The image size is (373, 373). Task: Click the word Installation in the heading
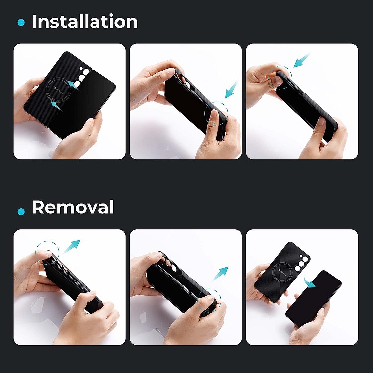click(x=85, y=22)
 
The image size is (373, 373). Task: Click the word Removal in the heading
click(x=73, y=207)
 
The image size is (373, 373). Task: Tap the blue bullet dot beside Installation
click(x=21, y=22)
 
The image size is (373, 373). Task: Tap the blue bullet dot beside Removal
click(x=21, y=211)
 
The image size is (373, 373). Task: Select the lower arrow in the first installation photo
click(x=57, y=106)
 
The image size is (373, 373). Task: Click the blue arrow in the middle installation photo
click(x=231, y=90)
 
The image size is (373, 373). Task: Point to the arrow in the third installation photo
click(x=302, y=60)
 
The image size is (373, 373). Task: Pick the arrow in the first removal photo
click(x=72, y=246)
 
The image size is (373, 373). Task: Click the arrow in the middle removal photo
click(x=220, y=274)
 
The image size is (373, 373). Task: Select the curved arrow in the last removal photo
click(x=309, y=282)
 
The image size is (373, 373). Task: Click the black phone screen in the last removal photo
click(x=313, y=299)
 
